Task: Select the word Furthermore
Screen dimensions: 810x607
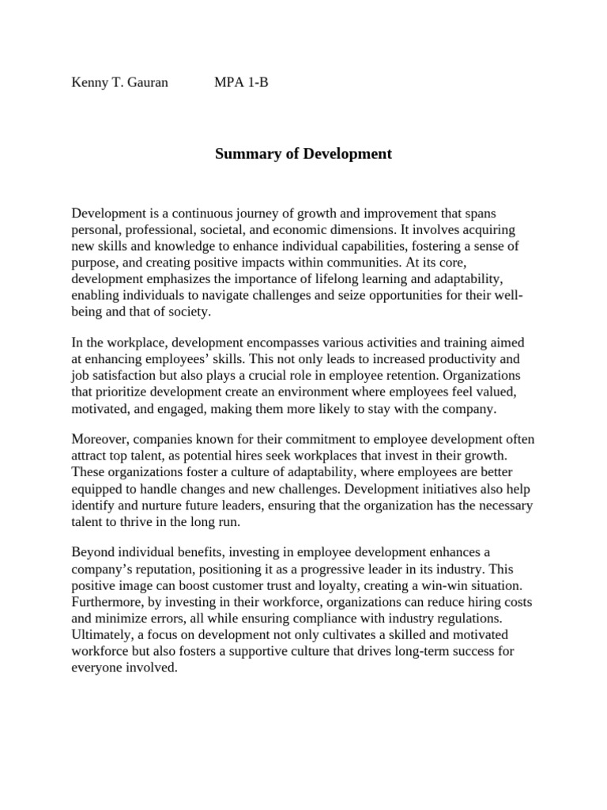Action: pyautogui.click(x=107, y=602)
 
